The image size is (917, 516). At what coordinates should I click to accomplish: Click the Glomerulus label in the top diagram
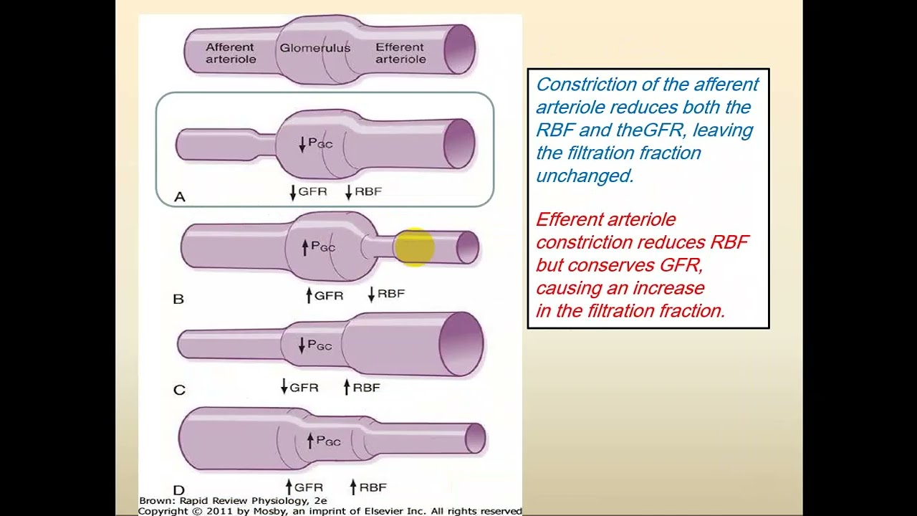click(x=315, y=48)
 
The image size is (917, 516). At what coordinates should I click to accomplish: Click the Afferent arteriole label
click(x=230, y=53)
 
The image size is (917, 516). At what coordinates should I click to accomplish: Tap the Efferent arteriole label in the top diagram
click(x=400, y=53)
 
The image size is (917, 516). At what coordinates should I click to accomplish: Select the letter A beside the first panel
click(x=179, y=196)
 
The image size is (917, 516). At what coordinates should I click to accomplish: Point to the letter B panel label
click(x=178, y=299)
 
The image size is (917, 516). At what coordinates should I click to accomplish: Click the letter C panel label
click(x=179, y=390)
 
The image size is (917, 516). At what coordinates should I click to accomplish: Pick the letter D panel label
click(x=178, y=491)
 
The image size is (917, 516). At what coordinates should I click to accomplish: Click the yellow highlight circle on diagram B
click(x=414, y=247)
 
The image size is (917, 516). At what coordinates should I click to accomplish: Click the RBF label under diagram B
click(x=390, y=294)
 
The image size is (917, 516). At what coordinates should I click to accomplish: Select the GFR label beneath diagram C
click(x=304, y=388)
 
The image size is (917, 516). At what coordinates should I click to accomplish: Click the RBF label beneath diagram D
click(x=373, y=487)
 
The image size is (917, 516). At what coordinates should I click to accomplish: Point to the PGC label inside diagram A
click(x=320, y=143)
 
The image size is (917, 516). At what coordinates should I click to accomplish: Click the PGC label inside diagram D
click(x=328, y=441)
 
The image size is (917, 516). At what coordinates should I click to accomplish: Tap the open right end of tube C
click(x=461, y=344)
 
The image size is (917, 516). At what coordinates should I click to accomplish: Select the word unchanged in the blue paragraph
click(x=584, y=176)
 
